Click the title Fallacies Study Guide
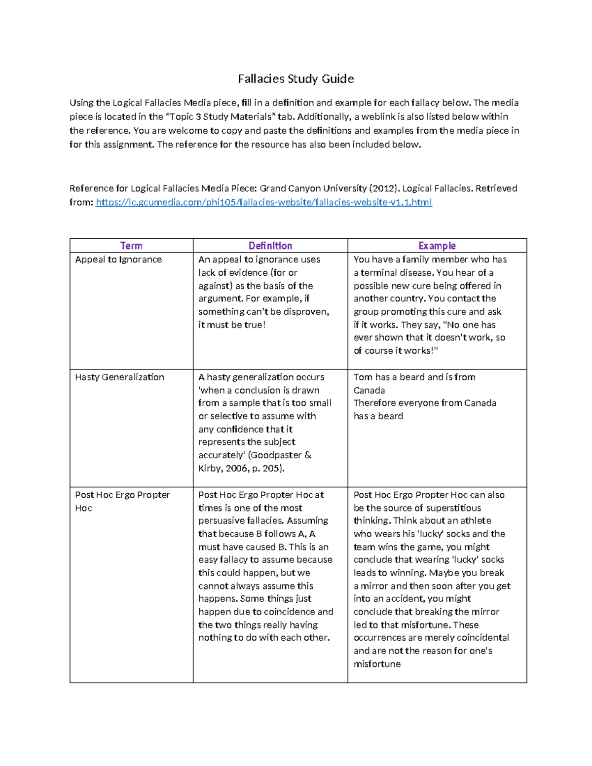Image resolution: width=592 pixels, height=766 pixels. point(296,79)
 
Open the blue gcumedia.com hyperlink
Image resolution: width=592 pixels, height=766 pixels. point(263,202)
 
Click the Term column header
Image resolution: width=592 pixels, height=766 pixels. point(131,246)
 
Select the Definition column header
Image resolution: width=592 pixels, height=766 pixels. point(270,246)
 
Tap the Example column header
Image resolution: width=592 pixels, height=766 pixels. point(437,246)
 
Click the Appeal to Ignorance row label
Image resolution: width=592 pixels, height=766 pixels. point(118,259)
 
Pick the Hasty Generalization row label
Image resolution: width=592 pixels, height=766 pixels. point(119,377)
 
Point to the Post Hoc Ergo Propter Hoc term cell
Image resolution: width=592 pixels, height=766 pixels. point(122,501)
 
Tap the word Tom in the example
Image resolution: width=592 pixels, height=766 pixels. point(363,377)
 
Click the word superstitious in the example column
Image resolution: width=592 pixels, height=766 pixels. point(453,508)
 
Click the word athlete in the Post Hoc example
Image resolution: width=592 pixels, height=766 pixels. point(476,521)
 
